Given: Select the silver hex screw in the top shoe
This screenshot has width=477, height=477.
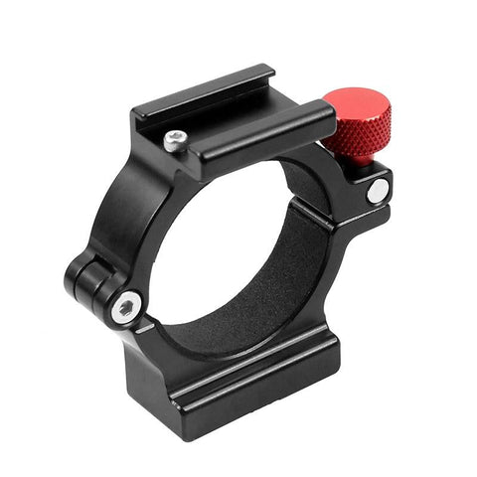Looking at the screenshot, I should [176, 141].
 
